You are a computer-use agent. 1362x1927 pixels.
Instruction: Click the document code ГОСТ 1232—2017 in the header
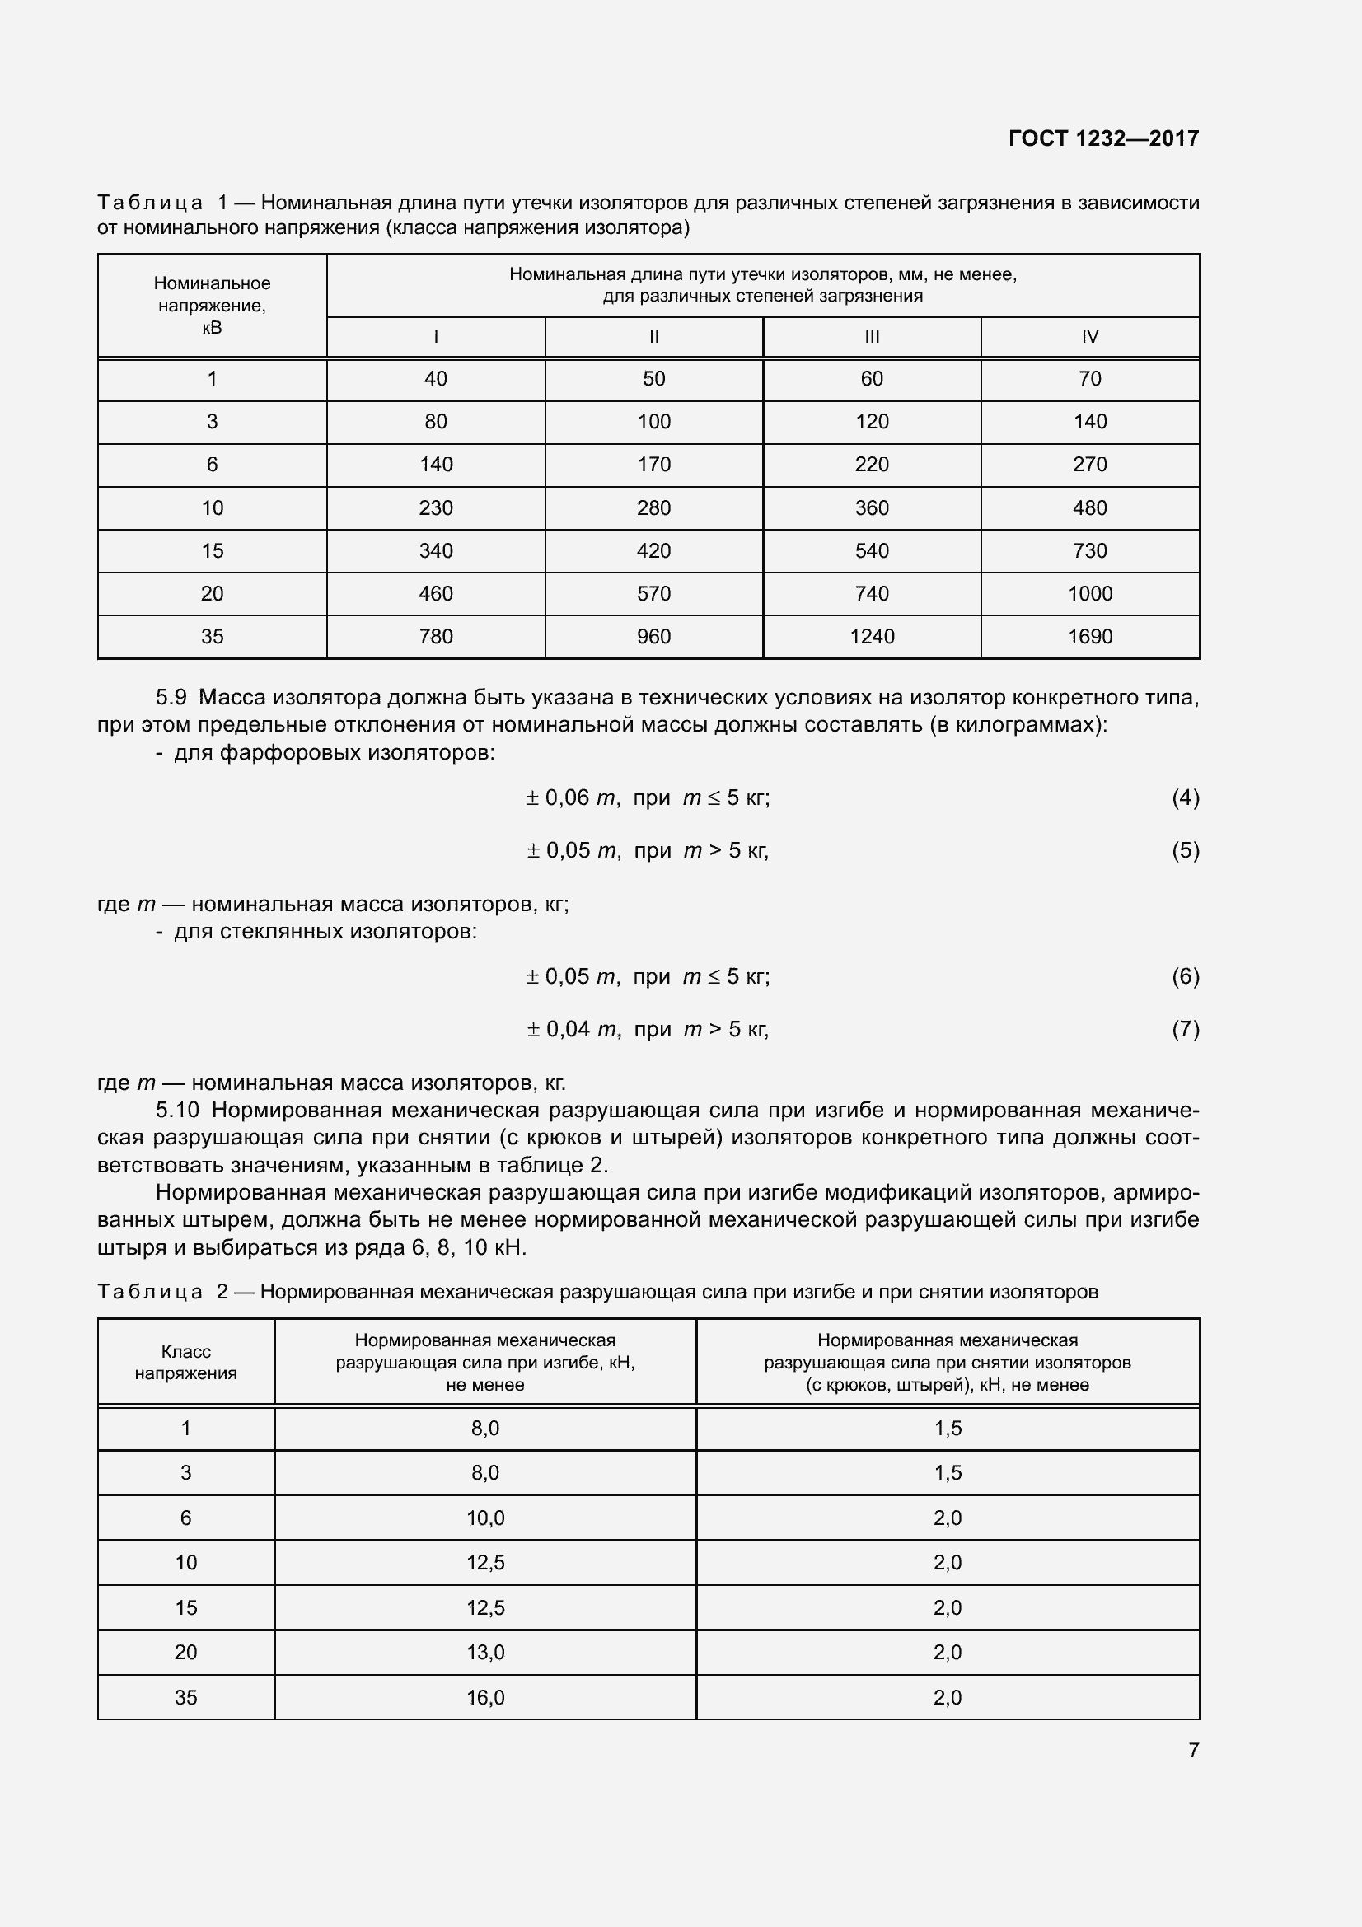tap(1103, 138)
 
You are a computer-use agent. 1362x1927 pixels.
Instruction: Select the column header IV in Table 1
tap(1089, 337)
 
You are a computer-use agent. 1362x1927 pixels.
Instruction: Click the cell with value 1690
tap(1089, 636)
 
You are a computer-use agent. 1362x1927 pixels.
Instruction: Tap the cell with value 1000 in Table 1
tap(1089, 593)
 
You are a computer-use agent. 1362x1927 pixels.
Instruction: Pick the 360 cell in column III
tap(871, 507)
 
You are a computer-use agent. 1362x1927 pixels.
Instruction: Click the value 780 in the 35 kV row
tap(436, 636)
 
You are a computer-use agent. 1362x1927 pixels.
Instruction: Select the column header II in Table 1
tap(653, 337)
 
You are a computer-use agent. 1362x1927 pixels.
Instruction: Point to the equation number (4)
tap(1185, 797)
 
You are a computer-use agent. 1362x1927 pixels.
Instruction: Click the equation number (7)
tap(1185, 1029)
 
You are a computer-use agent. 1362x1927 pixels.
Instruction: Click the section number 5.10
tap(177, 1110)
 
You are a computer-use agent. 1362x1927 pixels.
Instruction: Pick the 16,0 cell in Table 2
tap(485, 1698)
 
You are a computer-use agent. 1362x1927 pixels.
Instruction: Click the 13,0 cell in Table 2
tap(485, 1653)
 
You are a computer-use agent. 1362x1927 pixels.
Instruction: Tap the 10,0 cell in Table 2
tap(485, 1518)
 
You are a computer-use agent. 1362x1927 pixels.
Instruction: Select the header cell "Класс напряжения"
tap(185, 1362)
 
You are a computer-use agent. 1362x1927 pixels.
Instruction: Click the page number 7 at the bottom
tap(1193, 1750)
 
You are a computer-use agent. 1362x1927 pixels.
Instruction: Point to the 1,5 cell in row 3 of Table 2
tap(948, 1473)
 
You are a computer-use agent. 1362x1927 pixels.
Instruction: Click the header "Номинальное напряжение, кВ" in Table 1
tap(213, 306)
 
